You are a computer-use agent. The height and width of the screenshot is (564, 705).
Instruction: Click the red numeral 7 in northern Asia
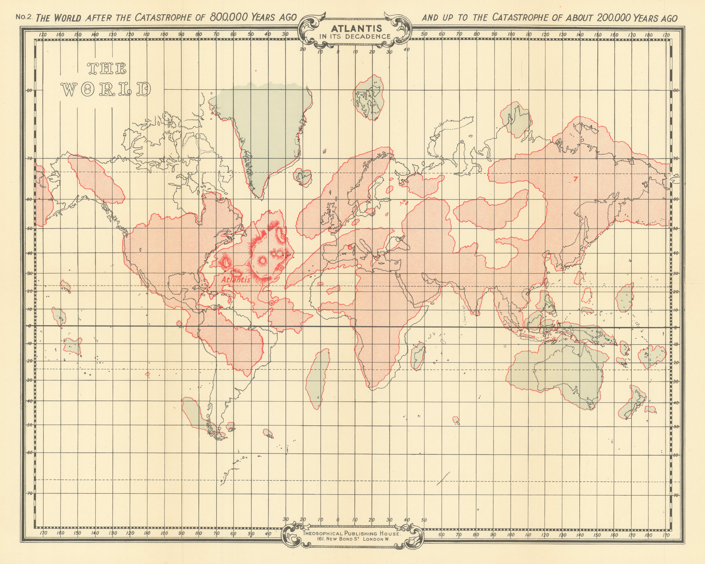[576, 179]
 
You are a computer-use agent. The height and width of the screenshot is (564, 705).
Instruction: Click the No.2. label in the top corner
[24, 17]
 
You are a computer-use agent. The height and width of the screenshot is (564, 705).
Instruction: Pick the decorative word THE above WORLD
[106, 69]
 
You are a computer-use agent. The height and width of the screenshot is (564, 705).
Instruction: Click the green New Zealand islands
[633, 404]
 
